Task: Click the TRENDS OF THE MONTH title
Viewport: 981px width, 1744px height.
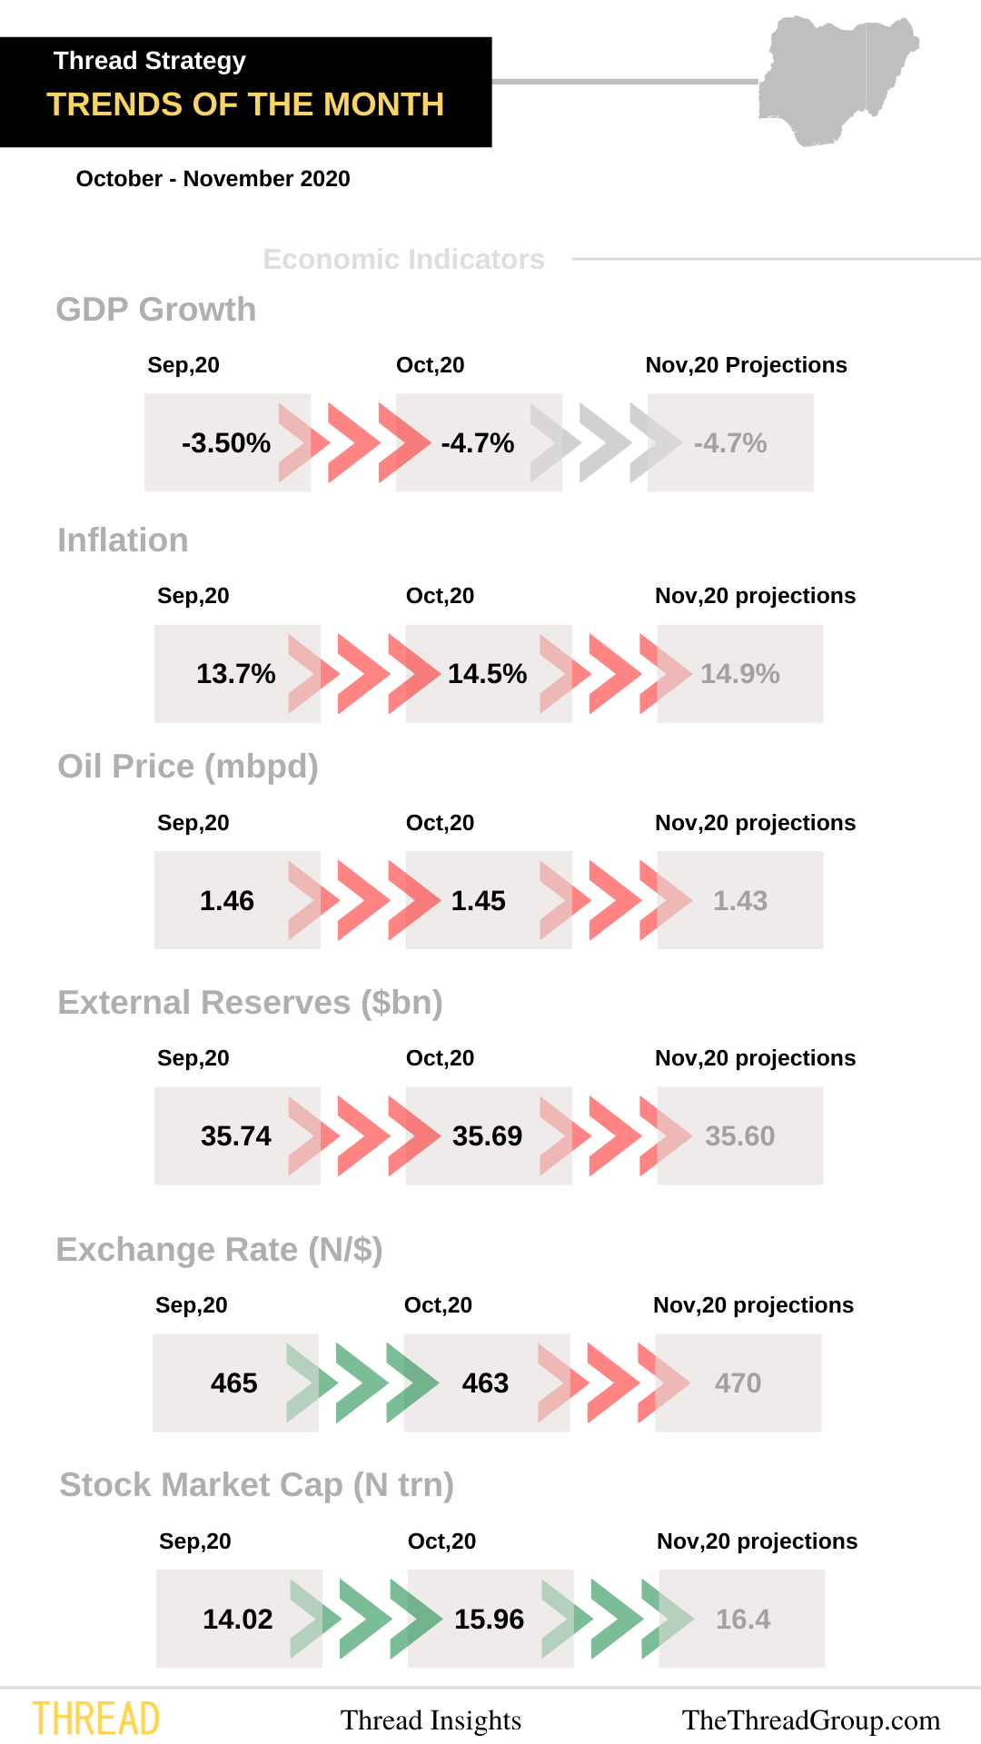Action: pyautogui.click(x=245, y=104)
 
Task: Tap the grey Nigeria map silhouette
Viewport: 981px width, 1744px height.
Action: pyautogui.click(x=831, y=80)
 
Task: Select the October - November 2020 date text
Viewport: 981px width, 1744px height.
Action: pyautogui.click(x=213, y=179)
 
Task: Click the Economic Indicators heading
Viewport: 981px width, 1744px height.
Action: pyautogui.click(x=403, y=260)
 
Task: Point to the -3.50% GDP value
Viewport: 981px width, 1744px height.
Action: pyautogui.click(x=226, y=443)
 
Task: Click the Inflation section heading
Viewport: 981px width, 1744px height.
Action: pyautogui.click(x=123, y=540)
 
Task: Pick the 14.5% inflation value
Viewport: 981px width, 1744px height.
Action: pyautogui.click(x=487, y=674)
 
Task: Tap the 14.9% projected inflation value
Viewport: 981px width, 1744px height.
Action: pyautogui.click(x=739, y=674)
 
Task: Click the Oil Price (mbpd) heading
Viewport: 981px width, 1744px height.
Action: pyautogui.click(x=187, y=767)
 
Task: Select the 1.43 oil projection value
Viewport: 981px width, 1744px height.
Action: pyautogui.click(x=739, y=901)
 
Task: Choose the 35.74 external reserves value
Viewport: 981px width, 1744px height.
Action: pyautogui.click(x=235, y=1136)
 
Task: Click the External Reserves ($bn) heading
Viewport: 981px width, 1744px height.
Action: pyautogui.click(x=250, y=1003)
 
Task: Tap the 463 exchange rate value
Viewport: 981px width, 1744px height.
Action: pyautogui.click(x=485, y=1383)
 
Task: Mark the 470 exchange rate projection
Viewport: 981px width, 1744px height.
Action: pyautogui.click(x=738, y=1383)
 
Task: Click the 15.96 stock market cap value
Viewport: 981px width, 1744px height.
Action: pyautogui.click(x=489, y=1620)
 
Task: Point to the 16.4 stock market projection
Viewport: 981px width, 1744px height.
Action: pyautogui.click(x=742, y=1620)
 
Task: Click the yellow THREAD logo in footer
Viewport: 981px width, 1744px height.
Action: pyautogui.click(x=96, y=1719)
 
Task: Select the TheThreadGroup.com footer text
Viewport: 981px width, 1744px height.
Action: pyautogui.click(x=810, y=1720)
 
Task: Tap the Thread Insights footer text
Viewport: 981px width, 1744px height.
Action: pyautogui.click(x=431, y=1720)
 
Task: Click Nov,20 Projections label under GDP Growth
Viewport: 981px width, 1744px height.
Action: pyautogui.click(x=746, y=365)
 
